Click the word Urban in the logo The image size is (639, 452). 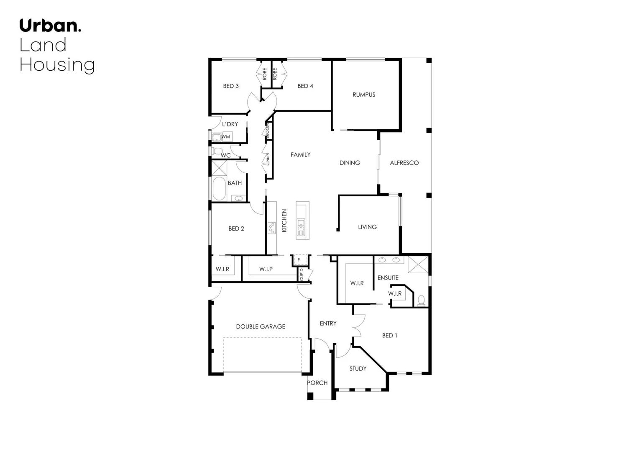coord(48,26)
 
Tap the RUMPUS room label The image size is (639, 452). coord(364,95)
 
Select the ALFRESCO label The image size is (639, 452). coord(404,163)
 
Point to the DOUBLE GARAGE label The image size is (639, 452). coord(261,326)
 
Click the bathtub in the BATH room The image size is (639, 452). coord(219,189)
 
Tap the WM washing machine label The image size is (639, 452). coord(226,137)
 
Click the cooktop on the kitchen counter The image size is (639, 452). coord(272,228)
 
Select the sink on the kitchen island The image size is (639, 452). coord(301,227)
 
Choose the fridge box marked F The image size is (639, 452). coord(299,260)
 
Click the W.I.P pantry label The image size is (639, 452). coord(266,269)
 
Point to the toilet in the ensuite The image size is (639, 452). coord(421,300)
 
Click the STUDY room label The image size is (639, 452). coord(358,369)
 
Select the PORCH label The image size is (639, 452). coord(317,383)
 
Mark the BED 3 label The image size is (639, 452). coord(231,86)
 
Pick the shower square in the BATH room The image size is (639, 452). coord(219,168)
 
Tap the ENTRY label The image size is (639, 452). coord(328,324)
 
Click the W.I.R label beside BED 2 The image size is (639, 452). coord(222,269)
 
